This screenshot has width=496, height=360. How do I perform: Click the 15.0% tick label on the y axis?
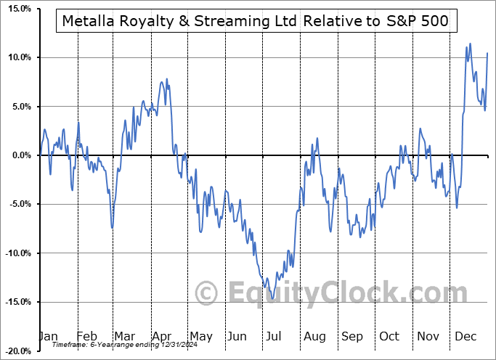[16, 9]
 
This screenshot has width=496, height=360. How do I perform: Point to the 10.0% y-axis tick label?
[16, 57]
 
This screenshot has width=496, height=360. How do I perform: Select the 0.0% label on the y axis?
[18, 155]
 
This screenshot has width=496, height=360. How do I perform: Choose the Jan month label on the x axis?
[47, 336]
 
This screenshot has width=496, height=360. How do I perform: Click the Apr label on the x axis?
[161, 336]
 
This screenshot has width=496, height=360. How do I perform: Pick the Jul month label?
[274, 336]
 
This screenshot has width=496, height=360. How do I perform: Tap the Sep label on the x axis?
[351, 336]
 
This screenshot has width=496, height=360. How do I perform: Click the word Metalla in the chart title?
[89, 22]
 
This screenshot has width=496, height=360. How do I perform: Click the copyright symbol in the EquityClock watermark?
[207, 294]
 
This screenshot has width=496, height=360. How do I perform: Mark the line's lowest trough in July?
[272, 298]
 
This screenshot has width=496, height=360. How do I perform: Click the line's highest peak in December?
[470, 44]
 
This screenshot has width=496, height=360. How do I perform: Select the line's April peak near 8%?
[166, 78]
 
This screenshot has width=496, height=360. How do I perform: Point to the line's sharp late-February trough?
[112, 227]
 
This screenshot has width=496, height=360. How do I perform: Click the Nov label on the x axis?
[426, 336]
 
